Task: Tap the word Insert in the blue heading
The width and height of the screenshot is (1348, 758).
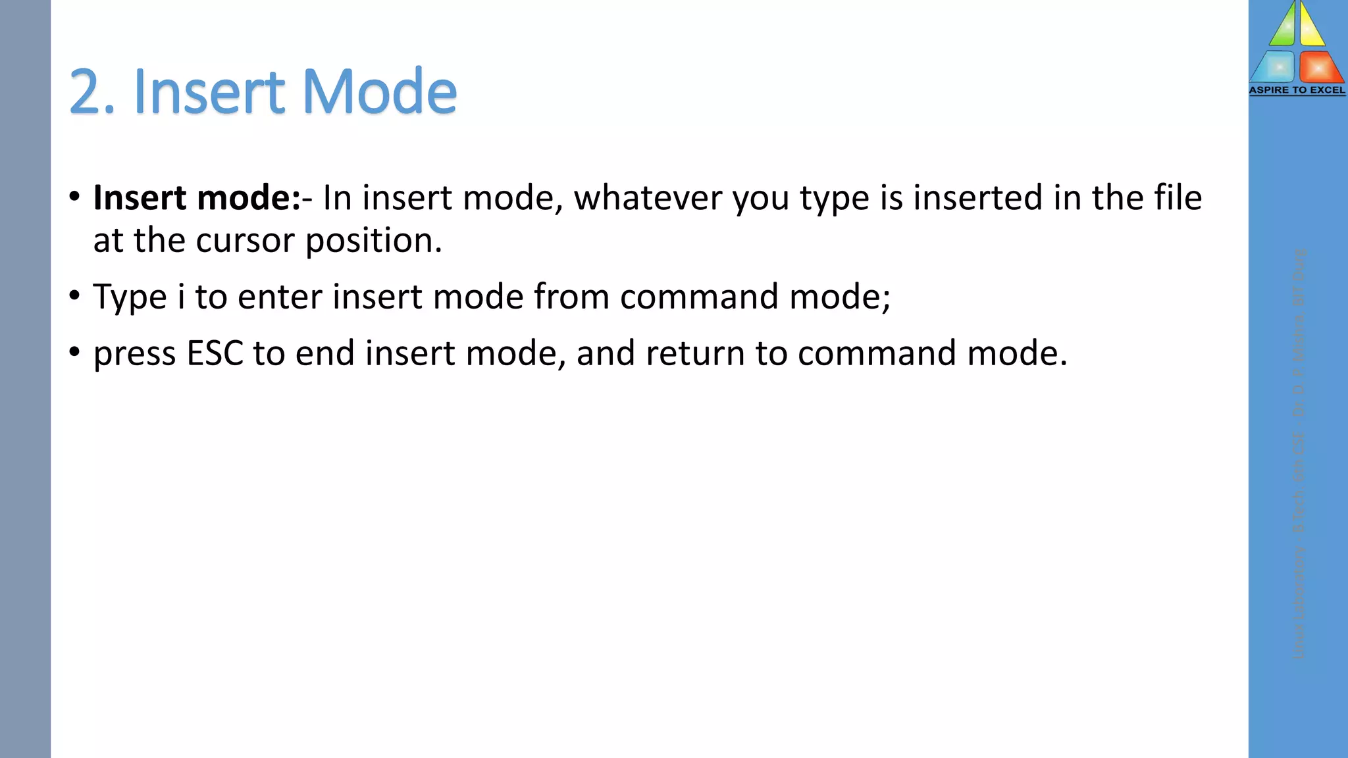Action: point(209,91)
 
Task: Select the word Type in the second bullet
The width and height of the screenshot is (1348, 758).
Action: point(130,297)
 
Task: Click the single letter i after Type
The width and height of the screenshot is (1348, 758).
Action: point(181,297)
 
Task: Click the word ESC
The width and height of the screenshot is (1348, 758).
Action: point(215,353)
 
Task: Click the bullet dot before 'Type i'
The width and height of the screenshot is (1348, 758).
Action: point(74,296)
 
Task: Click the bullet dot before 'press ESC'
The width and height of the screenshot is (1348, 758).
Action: point(74,353)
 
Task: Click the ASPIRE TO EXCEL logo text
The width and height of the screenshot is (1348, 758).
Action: point(1297,90)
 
